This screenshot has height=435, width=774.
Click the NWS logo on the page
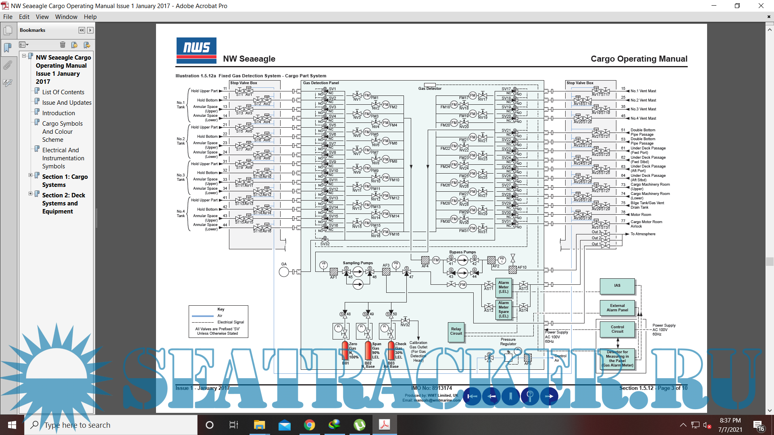(x=196, y=50)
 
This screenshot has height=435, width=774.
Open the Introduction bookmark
(x=58, y=113)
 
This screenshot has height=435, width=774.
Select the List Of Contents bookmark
(x=63, y=92)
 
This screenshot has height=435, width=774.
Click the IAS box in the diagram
(x=617, y=286)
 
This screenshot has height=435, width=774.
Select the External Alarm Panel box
(x=617, y=308)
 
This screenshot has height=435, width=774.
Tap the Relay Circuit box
(x=456, y=331)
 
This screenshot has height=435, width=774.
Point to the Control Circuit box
(x=617, y=329)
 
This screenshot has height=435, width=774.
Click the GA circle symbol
(x=284, y=272)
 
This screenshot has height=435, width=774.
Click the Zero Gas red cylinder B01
(x=345, y=350)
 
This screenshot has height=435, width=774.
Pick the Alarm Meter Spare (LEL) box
(x=504, y=309)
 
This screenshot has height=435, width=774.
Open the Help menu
(x=90, y=17)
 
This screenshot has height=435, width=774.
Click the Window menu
(x=66, y=17)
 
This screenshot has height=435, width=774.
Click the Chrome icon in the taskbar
(x=309, y=425)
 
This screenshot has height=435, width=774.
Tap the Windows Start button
(x=12, y=425)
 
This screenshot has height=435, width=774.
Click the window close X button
(x=761, y=6)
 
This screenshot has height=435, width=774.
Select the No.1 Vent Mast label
(x=643, y=91)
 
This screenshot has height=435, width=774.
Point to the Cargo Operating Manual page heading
(x=639, y=59)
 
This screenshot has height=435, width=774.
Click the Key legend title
(x=221, y=309)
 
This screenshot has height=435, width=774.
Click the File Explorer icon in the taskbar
(x=259, y=425)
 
